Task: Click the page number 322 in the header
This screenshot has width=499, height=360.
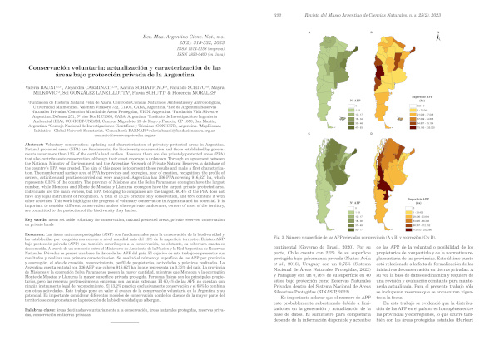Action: pyautogui.click(x=274, y=7)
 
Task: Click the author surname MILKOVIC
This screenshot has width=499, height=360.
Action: pyautogui.click(x=56, y=91)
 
